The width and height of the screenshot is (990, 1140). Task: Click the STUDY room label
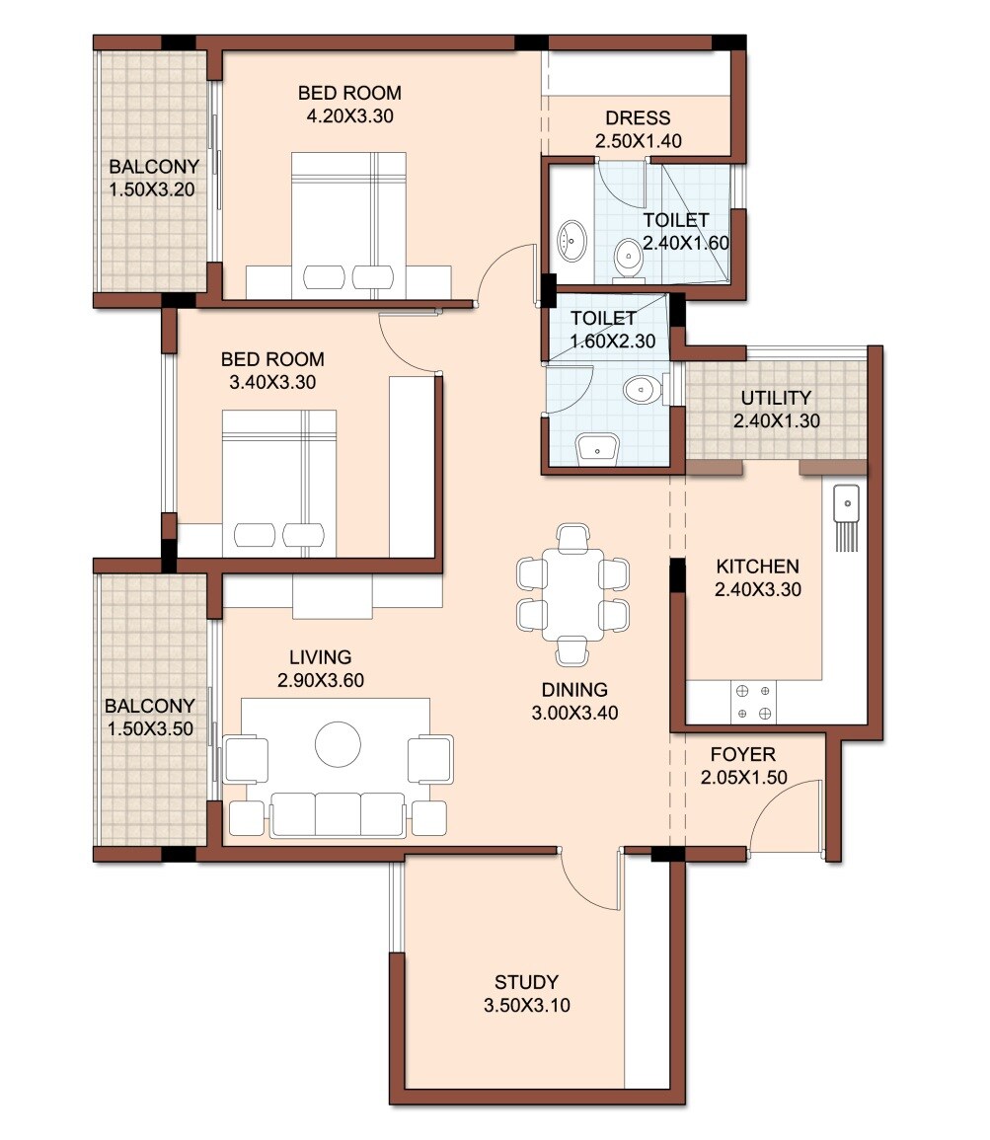pyautogui.click(x=526, y=982)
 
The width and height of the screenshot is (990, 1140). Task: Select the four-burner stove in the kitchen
pyautogui.click(x=754, y=702)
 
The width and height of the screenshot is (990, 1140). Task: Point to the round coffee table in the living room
pyautogui.click(x=338, y=743)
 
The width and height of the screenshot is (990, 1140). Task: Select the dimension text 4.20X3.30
pyautogui.click(x=349, y=115)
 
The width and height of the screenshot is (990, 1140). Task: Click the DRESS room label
pyautogui.click(x=638, y=117)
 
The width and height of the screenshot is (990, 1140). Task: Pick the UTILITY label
pyautogui.click(x=776, y=398)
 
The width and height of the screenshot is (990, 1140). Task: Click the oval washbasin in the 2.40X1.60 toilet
pyautogui.click(x=571, y=239)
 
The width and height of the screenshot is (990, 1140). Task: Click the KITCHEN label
pyautogui.click(x=757, y=567)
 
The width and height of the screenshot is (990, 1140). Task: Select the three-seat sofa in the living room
pyautogui.click(x=338, y=813)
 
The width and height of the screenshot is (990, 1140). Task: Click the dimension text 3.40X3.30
pyautogui.click(x=272, y=383)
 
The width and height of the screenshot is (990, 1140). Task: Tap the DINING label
pyautogui.click(x=573, y=690)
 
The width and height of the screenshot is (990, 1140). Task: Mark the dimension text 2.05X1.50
pyautogui.click(x=743, y=778)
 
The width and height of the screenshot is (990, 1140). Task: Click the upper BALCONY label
pyautogui.click(x=154, y=166)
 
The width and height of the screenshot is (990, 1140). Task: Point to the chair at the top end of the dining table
pyautogui.click(x=572, y=538)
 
